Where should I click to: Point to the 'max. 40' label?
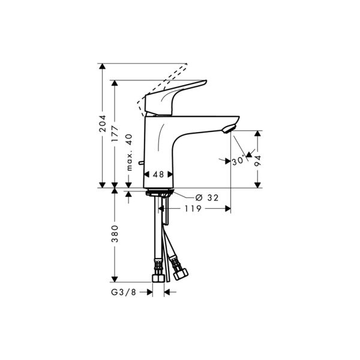pos(129,152)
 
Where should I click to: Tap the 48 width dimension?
pos(158,175)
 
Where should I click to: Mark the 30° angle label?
pos(238,161)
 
